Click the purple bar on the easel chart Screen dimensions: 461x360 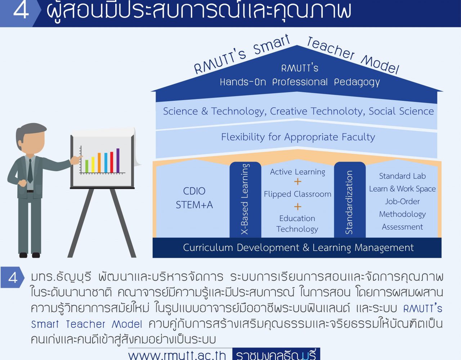pyautogui.click(x=118, y=161)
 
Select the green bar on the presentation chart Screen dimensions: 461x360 pyautogui.click(x=86, y=166)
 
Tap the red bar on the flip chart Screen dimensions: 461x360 pyautogui.click(x=112, y=162)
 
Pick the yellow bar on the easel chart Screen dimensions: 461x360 pyautogui.click(x=93, y=165)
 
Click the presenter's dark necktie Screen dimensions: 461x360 pyautogui.click(x=30, y=171)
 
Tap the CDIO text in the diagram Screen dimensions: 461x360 pyautogui.click(x=194, y=191)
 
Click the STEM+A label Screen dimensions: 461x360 pyautogui.click(x=194, y=205)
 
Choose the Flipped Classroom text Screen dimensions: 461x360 pyautogui.click(x=297, y=194)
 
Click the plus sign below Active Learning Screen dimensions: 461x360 pyautogui.click(x=297, y=182)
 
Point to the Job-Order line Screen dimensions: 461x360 pyautogui.click(x=402, y=201)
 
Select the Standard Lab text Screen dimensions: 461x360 pyautogui.click(x=402, y=176)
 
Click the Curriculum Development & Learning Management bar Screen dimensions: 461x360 pyautogui.click(x=297, y=248)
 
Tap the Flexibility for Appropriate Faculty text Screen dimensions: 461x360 pyautogui.click(x=298, y=137)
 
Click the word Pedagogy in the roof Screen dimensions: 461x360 pyautogui.click(x=357, y=82)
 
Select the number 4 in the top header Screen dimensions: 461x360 pyautogui.click(x=21, y=10)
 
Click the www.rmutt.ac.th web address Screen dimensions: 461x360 pyautogui.click(x=177, y=355)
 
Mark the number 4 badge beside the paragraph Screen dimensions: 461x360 pyautogui.click(x=13, y=277)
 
